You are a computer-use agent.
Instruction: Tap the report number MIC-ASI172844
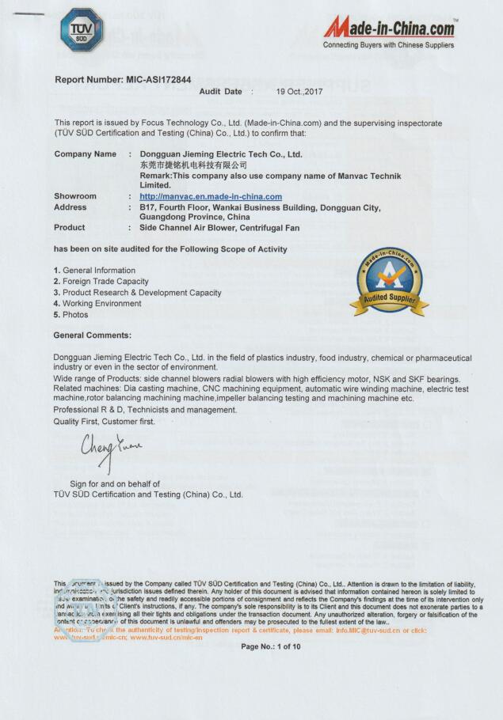tap(123, 80)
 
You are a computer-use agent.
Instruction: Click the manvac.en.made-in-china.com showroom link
tap(211, 196)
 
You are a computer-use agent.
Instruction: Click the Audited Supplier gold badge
tap(389, 281)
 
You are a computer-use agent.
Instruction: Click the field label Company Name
tap(85, 154)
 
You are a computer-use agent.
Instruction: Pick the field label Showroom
tap(75, 196)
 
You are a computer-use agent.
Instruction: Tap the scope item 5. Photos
tap(71, 315)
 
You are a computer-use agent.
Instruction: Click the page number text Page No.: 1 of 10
tap(271, 646)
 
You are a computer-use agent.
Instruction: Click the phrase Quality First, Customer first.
tap(104, 422)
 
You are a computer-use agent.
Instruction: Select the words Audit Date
tap(220, 92)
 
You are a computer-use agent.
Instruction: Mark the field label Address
tap(70, 207)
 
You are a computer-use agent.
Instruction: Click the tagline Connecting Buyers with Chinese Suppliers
tap(388, 45)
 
